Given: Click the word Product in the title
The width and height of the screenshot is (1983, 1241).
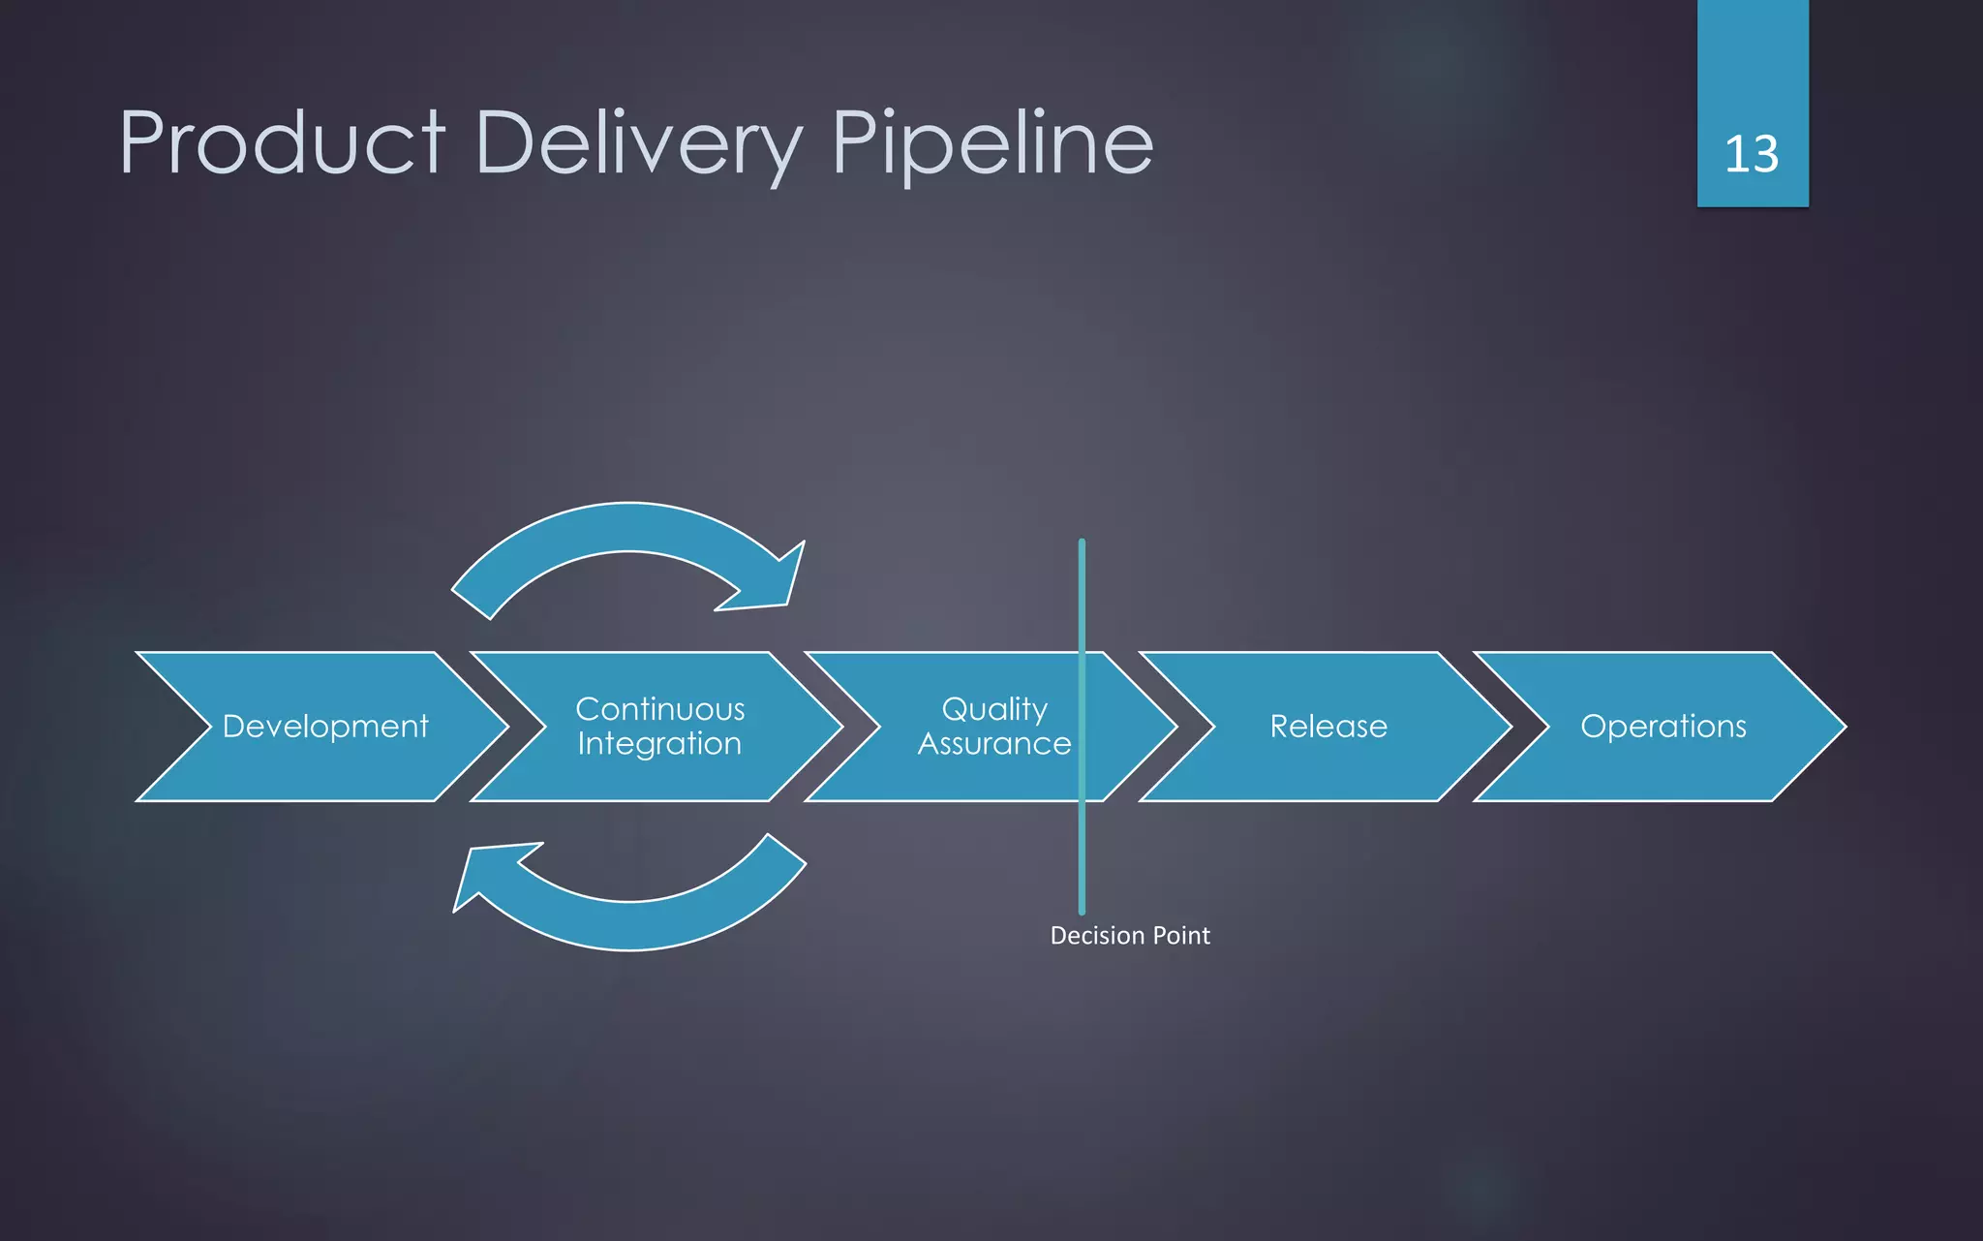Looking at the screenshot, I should click(282, 143).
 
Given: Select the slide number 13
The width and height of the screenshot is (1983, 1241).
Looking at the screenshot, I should click(1751, 154).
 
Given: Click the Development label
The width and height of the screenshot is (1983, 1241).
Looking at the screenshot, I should click(325, 727).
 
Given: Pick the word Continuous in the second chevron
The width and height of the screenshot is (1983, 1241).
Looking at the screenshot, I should click(659, 709).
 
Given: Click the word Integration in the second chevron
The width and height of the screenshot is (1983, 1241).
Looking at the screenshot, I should click(659, 744).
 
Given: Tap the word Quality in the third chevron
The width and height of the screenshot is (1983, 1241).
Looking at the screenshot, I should click(994, 709).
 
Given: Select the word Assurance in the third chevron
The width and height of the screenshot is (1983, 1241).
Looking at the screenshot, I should click(994, 744).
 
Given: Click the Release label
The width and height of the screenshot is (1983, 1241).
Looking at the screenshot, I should click(1328, 727).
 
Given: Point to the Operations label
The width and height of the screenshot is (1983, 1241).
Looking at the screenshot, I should click(1663, 727).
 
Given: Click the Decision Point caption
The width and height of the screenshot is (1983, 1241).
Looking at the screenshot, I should click(1130, 936).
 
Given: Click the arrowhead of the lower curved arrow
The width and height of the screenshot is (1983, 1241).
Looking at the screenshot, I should click(484, 871).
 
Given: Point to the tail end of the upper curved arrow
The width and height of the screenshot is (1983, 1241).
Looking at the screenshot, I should click(473, 603).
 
